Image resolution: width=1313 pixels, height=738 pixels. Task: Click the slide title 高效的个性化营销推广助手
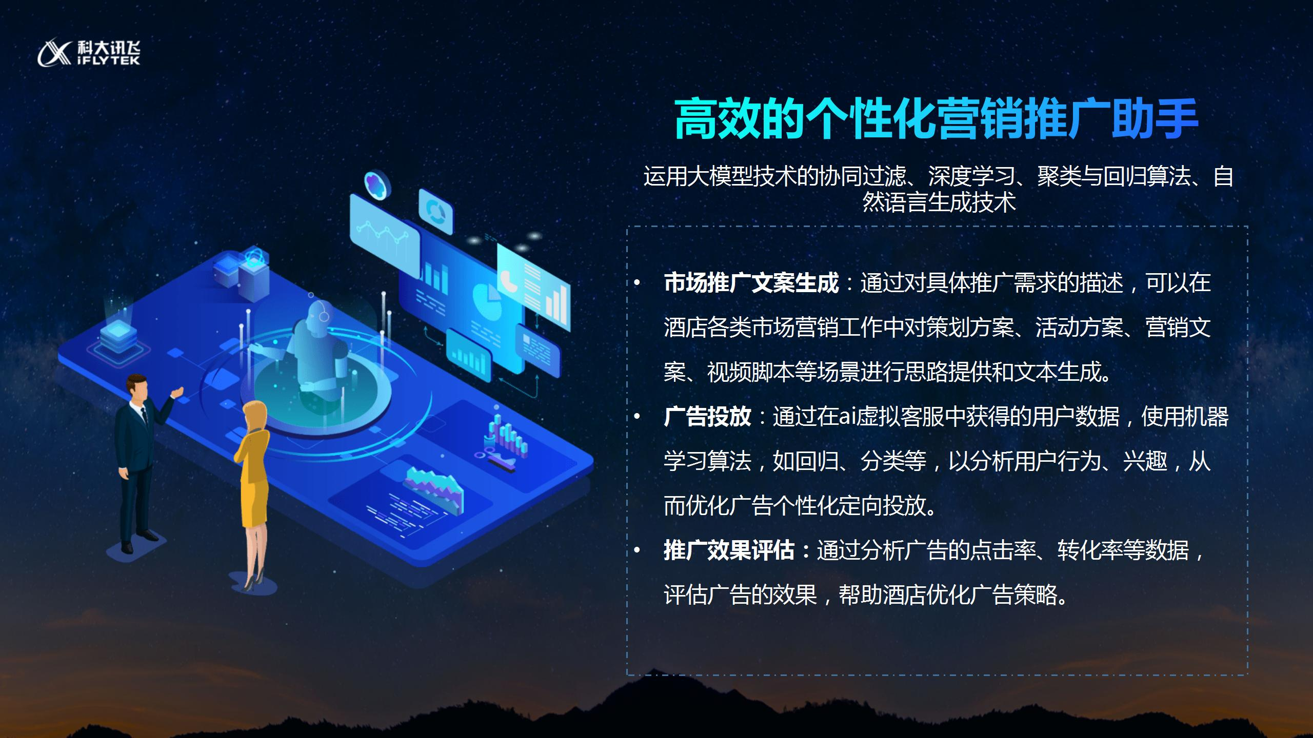(x=937, y=120)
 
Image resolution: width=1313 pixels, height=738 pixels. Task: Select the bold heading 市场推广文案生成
(x=751, y=283)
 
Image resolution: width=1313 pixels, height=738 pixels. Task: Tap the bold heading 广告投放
(x=707, y=417)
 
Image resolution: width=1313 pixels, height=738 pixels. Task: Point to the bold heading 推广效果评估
(x=729, y=551)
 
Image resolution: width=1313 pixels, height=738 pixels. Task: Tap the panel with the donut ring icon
(x=436, y=211)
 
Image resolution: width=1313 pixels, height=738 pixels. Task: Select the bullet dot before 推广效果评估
(x=637, y=551)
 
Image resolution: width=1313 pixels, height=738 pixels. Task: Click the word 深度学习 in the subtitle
(x=972, y=177)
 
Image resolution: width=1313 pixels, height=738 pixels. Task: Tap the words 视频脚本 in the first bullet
(x=751, y=373)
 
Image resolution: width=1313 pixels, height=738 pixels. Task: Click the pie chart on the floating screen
(x=486, y=301)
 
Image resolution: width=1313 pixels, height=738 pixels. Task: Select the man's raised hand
(x=177, y=393)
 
